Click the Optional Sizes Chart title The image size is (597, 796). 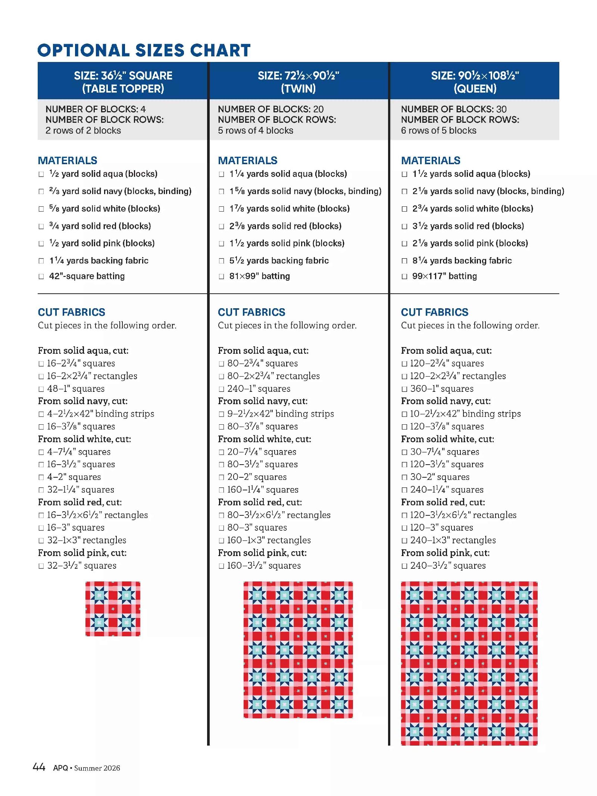click(x=144, y=50)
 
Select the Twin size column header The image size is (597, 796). click(x=298, y=82)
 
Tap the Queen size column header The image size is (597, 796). click(x=475, y=82)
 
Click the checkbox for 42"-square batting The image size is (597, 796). click(x=41, y=277)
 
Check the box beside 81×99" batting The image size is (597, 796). click(x=222, y=277)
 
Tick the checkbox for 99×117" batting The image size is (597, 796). click(x=404, y=277)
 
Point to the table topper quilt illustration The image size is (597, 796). click(x=113, y=609)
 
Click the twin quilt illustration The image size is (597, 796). click(x=298, y=649)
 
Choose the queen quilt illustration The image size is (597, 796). click(x=469, y=663)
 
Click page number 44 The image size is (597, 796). click(x=39, y=767)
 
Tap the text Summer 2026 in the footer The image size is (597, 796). click(x=97, y=768)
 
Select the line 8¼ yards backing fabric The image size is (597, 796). click(x=462, y=260)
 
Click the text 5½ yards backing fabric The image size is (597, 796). click(x=279, y=260)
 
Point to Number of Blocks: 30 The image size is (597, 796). click(x=454, y=109)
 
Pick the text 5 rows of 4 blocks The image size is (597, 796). click(x=256, y=130)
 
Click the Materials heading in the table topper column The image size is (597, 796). click(x=68, y=160)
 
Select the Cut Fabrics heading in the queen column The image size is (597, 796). click(x=435, y=312)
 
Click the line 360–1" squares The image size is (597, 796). click(x=442, y=388)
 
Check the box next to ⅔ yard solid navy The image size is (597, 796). click(x=41, y=191)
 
